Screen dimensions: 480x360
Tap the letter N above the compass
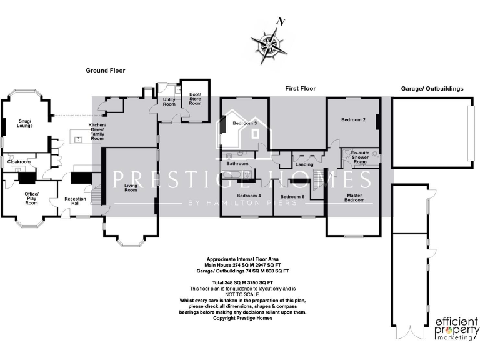click(281, 22)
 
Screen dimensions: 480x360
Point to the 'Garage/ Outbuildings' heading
click(432, 89)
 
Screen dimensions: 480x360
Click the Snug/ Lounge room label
click(25, 122)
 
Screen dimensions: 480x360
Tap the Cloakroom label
click(19, 161)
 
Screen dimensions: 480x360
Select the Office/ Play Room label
click(31, 198)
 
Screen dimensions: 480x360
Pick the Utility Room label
click(169, 101)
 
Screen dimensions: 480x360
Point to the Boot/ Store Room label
click(195, 98)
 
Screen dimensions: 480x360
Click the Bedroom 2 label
click(353, 119)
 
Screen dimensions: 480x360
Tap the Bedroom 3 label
click(245, 123)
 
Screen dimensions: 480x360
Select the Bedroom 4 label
click(249, 196)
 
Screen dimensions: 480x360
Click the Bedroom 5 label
click(292, 197)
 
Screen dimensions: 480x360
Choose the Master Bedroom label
click(354, 198)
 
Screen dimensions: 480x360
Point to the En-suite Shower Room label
click(361, 157)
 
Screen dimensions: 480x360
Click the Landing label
click(304, 181)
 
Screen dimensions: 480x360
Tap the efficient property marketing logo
click(456, 329)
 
